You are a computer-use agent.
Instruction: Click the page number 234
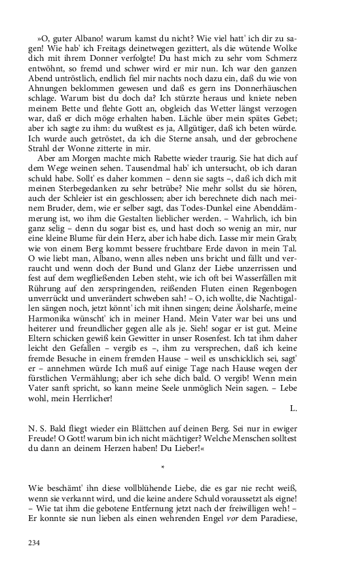[34, 543]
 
